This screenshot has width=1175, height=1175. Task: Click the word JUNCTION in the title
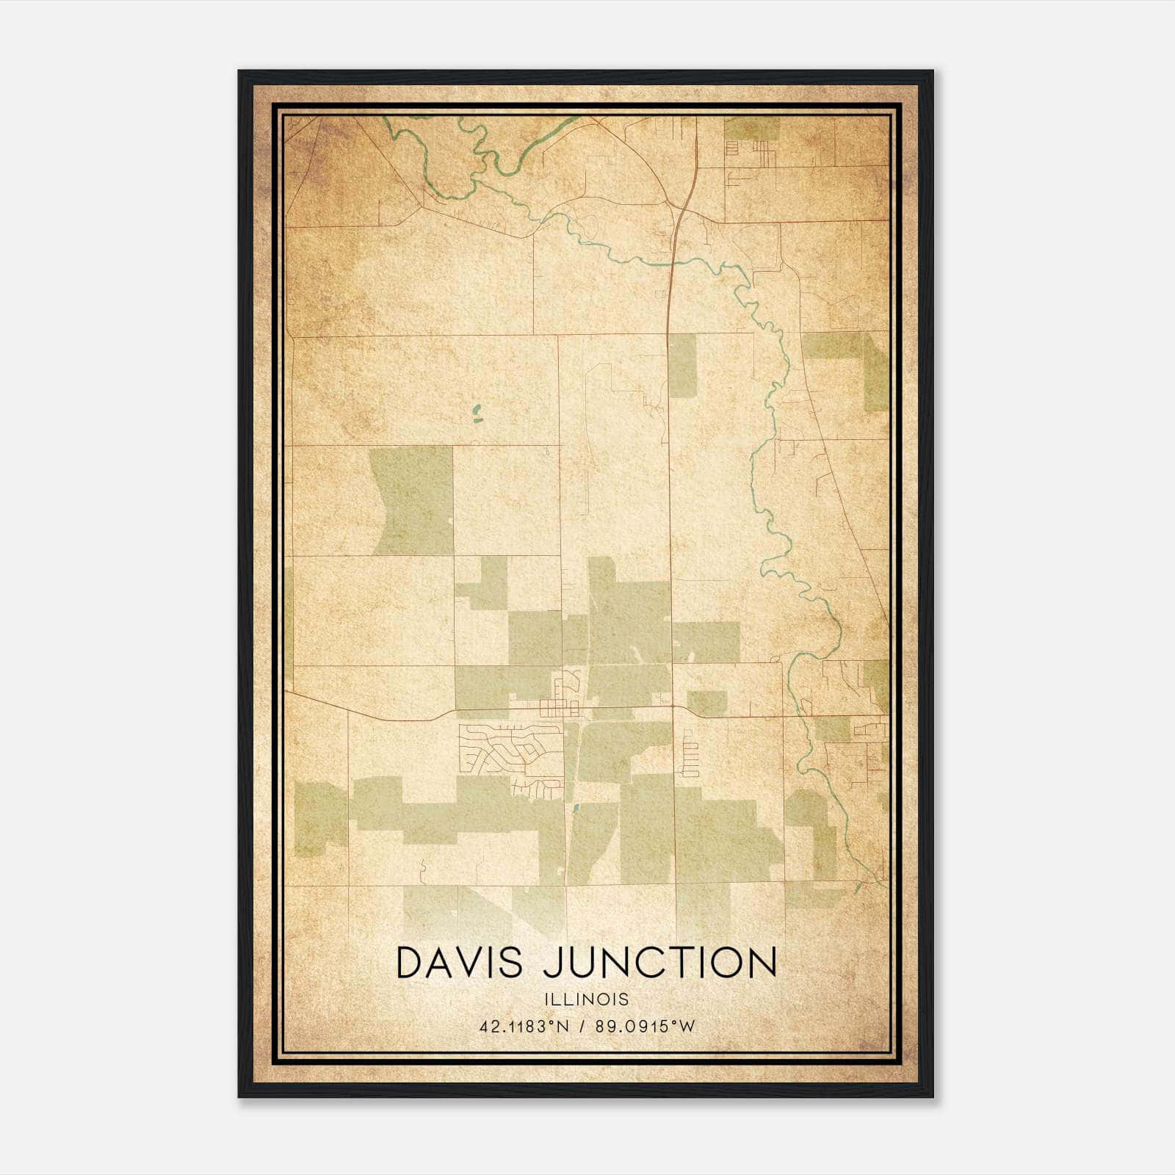point(660,963)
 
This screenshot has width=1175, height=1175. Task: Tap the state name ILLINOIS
point(587,999)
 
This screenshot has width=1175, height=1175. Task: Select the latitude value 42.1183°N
point(524,1027)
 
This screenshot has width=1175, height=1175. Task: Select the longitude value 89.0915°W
point(645,1027)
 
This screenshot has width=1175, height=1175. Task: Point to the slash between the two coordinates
point(582,1027)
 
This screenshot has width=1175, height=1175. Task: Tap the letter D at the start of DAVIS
point(411,963)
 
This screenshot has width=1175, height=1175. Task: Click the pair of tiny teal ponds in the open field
point(476,414)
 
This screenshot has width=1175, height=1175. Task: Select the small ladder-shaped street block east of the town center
point(690,756)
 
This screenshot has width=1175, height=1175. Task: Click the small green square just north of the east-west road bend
point(706,703)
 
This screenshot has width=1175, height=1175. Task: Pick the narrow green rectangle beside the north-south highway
point(682,366)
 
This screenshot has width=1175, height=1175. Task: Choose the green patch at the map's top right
point(751,129)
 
